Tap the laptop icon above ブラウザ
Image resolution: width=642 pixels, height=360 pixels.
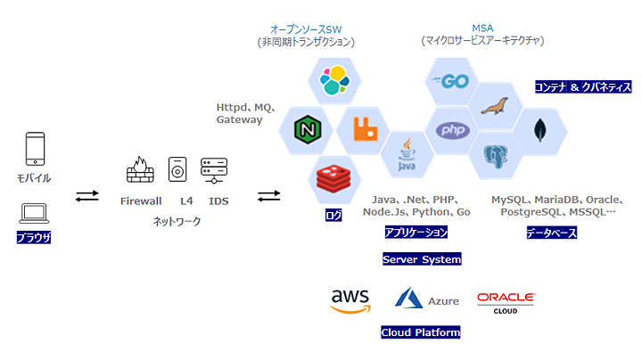pos(35,212)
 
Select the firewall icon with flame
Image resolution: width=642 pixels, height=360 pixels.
pos(140,170)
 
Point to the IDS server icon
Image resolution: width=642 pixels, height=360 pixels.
pos(215,170)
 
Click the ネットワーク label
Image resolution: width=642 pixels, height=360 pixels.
pos(177,221)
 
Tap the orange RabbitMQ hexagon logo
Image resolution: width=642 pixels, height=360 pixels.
pos(363,130)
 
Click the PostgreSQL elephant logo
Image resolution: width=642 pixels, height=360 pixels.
pos(496,156)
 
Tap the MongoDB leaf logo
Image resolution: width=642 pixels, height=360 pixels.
pos(539,132)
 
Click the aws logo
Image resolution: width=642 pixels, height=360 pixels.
pos(350,300)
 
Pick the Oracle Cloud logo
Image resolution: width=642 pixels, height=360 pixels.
pos(506,301)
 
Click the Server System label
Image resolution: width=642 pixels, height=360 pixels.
pos(422,259)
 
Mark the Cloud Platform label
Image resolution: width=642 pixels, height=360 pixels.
pos(420,332)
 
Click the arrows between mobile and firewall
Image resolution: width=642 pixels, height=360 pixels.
pos(87,195)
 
